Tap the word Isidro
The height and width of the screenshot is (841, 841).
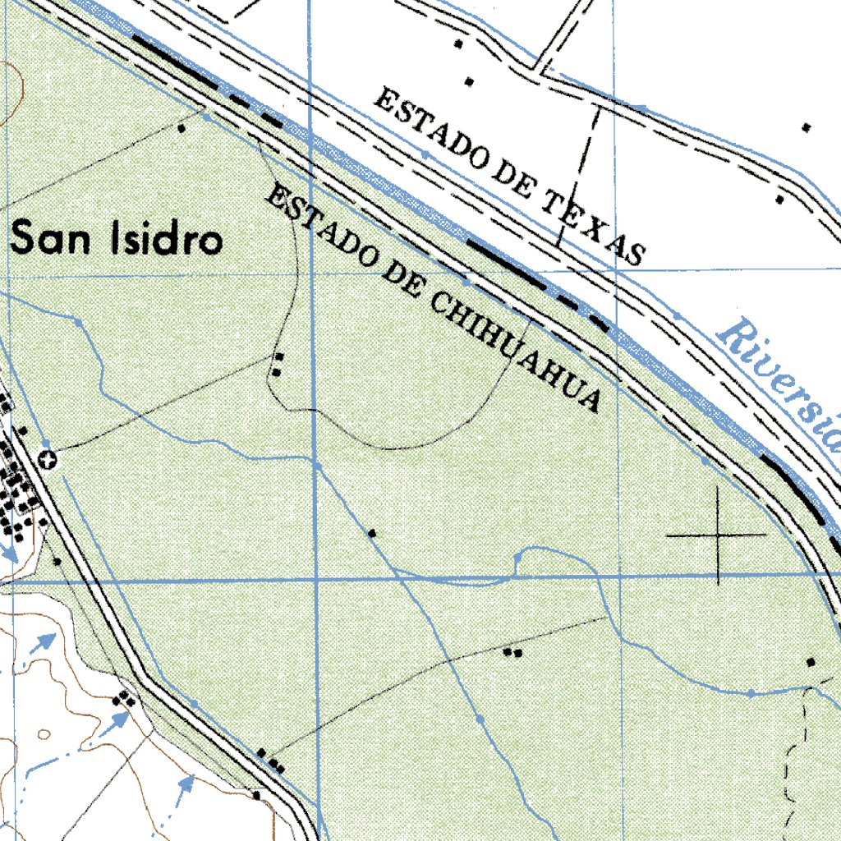[165, 240]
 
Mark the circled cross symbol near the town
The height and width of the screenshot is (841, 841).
[51, 460]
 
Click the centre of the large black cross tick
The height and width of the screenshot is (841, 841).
[718, 535]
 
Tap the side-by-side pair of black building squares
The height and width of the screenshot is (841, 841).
[512, 653]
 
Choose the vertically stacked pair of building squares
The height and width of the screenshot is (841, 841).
[278, 365]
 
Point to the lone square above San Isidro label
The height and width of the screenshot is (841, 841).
[182, 128]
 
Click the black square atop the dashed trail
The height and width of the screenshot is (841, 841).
[811, 662]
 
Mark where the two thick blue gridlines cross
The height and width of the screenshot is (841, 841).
[316, 580]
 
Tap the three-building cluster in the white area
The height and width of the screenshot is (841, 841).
[125, 699]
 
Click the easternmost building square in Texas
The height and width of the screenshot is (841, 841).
[807, 127]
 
